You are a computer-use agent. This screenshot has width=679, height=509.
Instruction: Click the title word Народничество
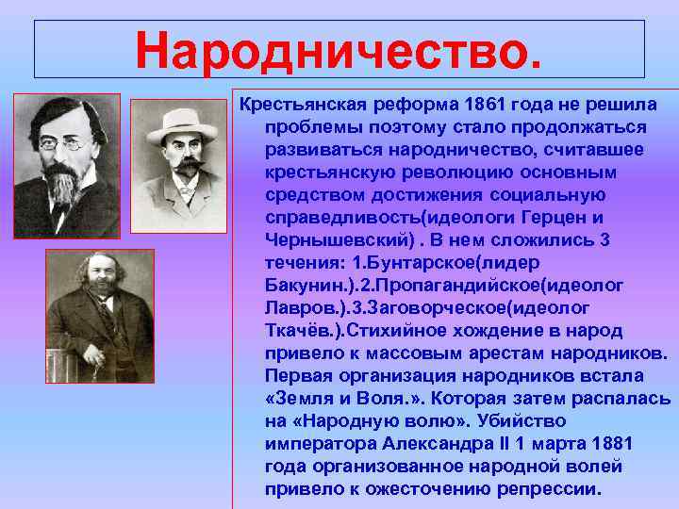[x=339, y=49]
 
